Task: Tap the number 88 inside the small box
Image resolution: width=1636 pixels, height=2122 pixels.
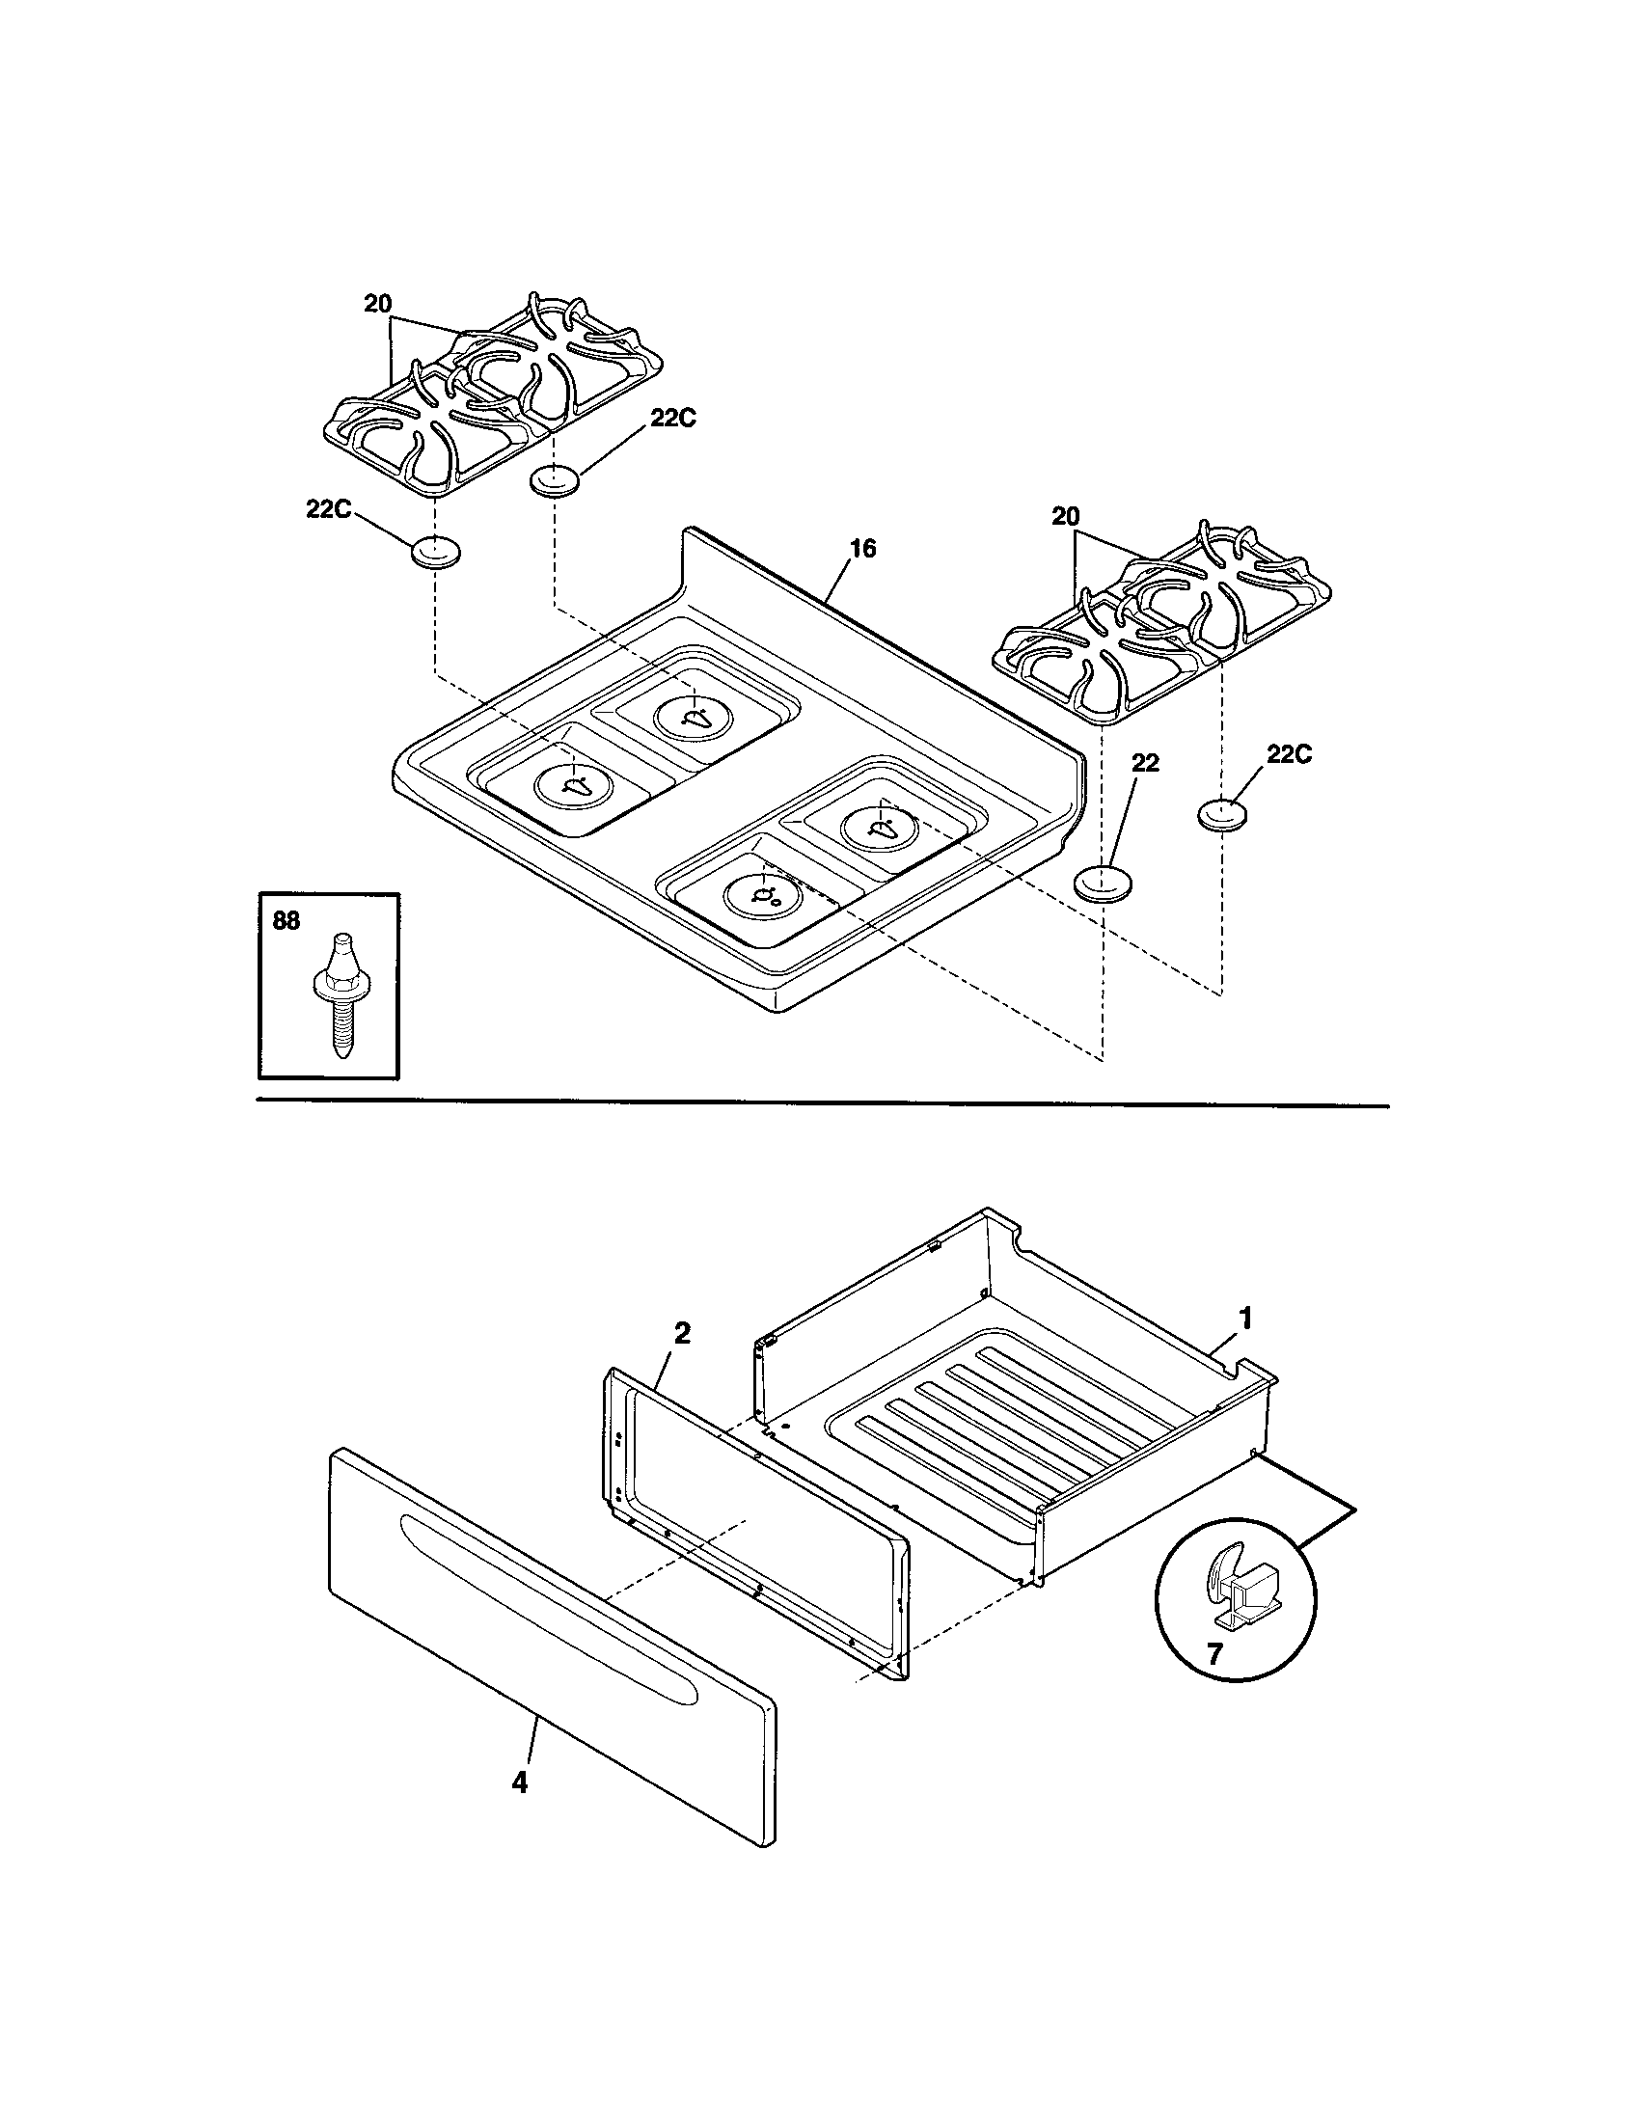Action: (x=286, y=921)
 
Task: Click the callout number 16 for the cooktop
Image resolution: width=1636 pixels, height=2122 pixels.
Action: (x=861, y=549)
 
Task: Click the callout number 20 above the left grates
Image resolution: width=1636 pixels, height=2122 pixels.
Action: (x=377, y=303)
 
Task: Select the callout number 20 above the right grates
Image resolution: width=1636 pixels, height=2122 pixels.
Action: (x=1066, y=516)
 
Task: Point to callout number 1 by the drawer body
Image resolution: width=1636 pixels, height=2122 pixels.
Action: (x=1245, y=1319)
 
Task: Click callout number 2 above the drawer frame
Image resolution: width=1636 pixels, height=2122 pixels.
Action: (x=682, y=1333)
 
